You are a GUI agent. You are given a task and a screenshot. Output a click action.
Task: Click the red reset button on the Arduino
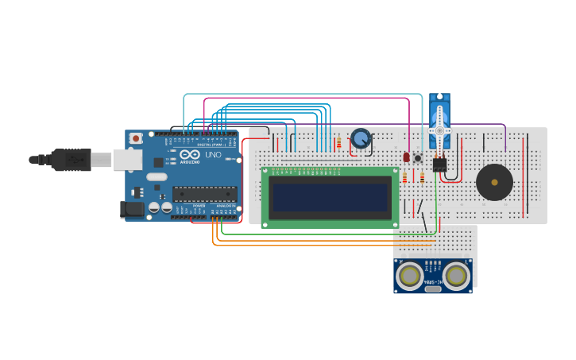tap(136, 138)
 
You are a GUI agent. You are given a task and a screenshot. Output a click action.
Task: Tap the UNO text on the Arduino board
tap(213, 155)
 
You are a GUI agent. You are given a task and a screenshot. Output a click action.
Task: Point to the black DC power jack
tap(132, 209)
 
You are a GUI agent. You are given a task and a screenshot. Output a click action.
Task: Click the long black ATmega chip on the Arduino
tap(204, 193)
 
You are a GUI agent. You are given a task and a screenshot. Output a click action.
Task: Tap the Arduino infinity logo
tap(189, 155)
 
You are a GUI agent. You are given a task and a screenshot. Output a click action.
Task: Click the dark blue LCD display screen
tap(331, 197)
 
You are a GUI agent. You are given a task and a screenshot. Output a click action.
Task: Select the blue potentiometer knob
tap(361, 140)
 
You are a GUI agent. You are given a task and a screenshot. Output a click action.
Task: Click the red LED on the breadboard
tap(407, 157)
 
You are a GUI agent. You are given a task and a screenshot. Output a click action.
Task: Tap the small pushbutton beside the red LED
tap(418, 157)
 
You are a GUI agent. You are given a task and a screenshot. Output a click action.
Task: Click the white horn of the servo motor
tap(439, 129)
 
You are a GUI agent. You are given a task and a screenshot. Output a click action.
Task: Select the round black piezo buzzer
tap(494, 183)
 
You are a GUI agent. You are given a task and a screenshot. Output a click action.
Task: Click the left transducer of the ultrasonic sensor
tap(410, 276)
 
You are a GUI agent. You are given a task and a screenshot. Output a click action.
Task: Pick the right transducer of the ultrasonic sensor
tap(456, 276)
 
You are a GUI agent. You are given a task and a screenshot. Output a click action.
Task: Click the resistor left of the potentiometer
tap(339, 143)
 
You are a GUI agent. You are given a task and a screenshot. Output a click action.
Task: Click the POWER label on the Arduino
tap(199, 206)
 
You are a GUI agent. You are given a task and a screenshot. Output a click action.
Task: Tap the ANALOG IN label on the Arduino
tap(225, 206)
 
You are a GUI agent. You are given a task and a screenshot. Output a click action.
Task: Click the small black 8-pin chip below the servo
tap(439, 164)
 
